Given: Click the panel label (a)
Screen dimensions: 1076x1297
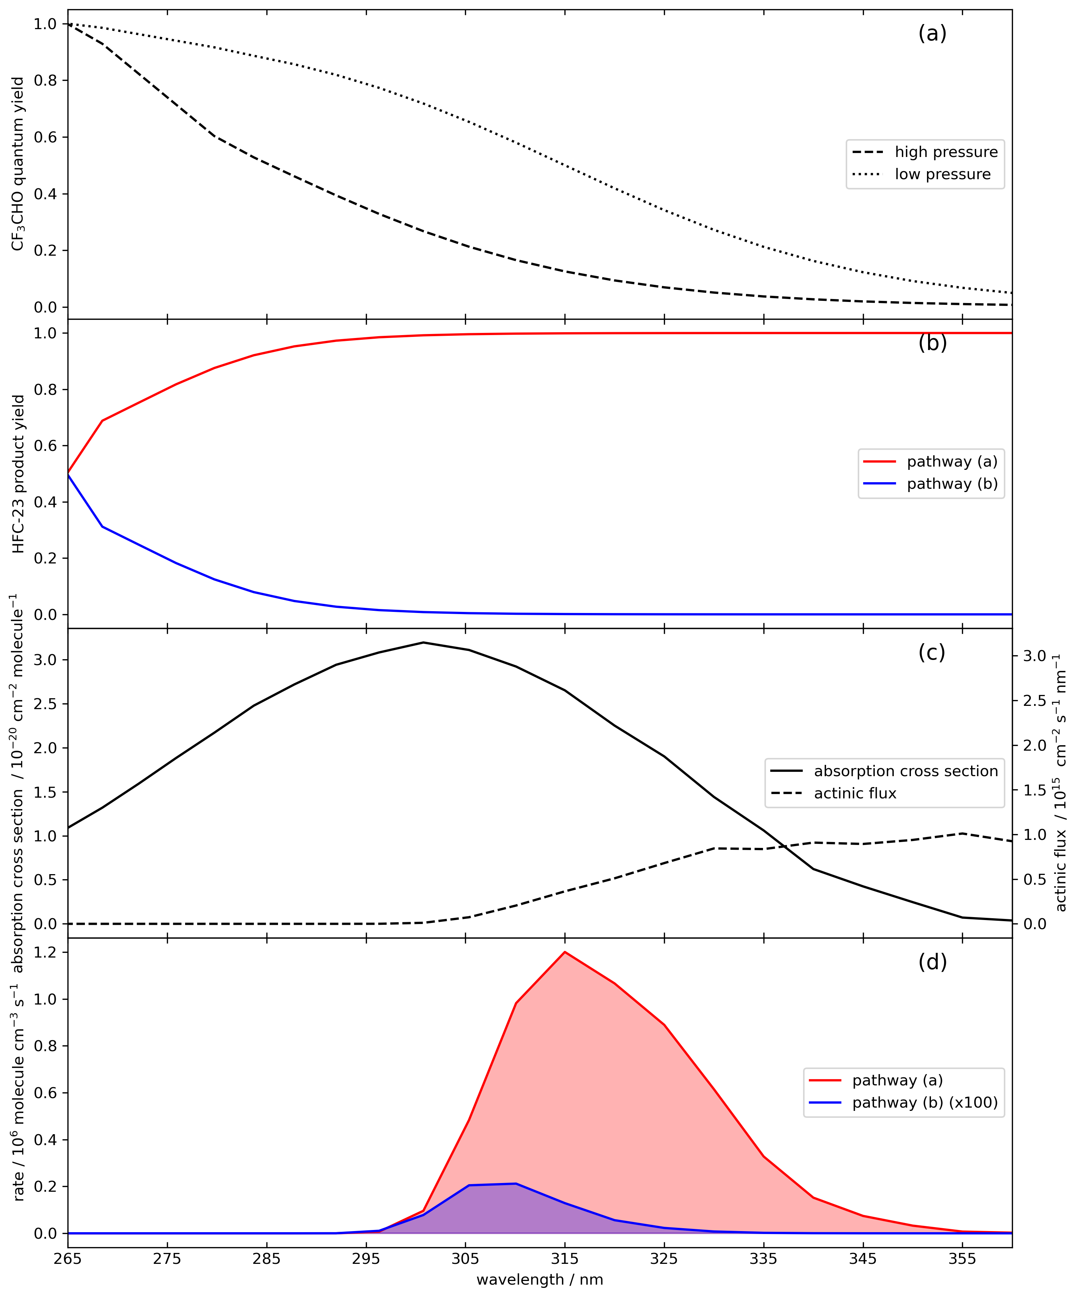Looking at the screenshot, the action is tap(932, 34).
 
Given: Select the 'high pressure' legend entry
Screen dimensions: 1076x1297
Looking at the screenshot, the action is tap(924, 152).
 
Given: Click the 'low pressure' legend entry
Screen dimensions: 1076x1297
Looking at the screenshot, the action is tap(921, 174).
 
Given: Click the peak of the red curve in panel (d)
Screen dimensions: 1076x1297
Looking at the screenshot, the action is tap(565, 952).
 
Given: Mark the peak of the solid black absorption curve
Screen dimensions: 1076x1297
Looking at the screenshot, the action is tap(423, 642).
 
